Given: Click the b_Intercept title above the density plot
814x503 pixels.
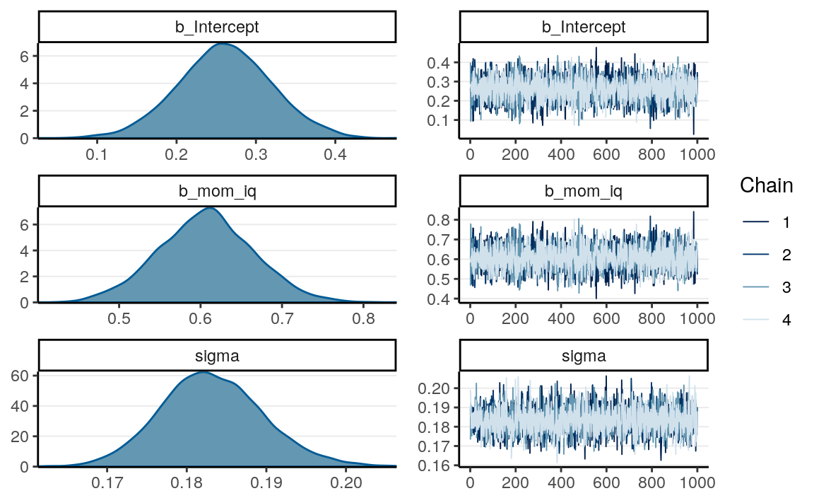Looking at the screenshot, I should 217,28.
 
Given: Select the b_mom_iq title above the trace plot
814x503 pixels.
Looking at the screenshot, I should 583,192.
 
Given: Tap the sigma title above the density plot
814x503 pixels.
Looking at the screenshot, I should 217,356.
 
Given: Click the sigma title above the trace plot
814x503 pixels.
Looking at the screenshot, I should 583,356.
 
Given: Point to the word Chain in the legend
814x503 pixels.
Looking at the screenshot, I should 766,186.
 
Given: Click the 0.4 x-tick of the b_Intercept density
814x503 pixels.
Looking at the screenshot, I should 336,154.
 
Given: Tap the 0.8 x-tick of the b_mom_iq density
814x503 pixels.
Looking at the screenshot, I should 364,318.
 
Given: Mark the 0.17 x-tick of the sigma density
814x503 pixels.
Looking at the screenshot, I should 107,482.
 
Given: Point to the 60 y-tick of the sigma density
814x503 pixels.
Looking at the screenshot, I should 20,375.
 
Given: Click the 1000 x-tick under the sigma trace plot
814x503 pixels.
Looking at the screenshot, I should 697,482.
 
